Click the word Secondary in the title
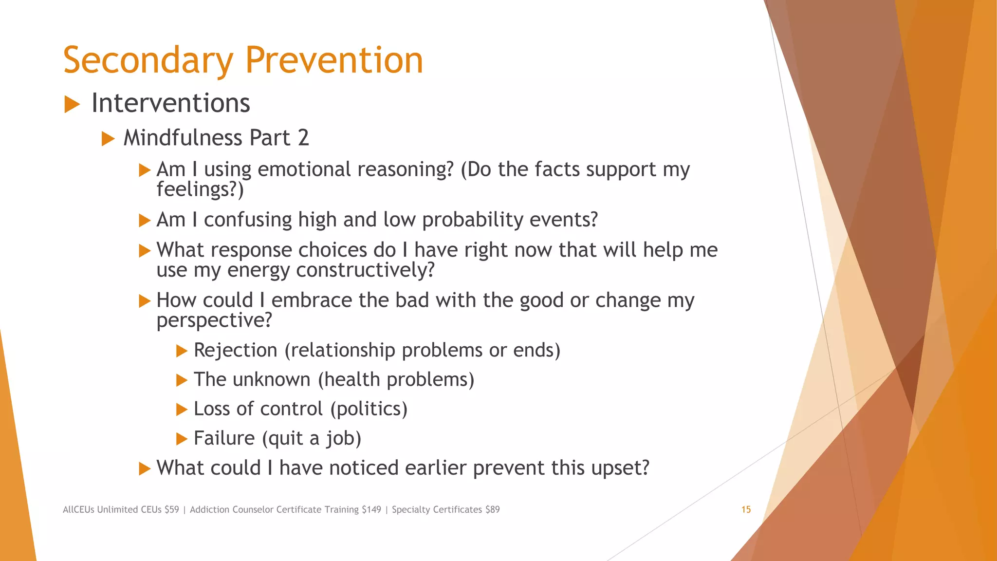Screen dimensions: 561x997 pos(148,61)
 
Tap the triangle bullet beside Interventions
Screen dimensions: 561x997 pos(72,104)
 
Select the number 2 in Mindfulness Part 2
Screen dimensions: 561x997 pos(303,138)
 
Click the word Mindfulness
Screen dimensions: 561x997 pos(183,138)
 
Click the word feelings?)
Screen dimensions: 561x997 pos(200,189)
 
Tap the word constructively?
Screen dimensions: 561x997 pos(365,270)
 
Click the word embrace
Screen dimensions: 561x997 pos(312,300)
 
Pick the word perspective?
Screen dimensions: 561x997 pos(214,320)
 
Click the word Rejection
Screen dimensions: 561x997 pos(236,350)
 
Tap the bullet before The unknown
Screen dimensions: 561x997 pos(182,380)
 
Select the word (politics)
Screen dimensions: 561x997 pos(369,409)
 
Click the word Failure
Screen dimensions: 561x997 pos(224,438)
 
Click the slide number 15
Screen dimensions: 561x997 pos(746,509)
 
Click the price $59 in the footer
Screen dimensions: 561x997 pos(171,509)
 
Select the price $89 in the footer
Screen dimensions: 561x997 pos(492,509)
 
